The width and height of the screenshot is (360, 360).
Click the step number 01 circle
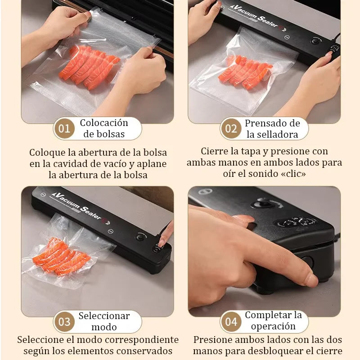(64, 129)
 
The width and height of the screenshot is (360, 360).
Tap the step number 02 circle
(231, 129)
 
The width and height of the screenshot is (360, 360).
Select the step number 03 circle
(64, 322)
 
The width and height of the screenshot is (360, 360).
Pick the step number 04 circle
(231, 322)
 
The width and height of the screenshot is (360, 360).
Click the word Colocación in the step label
(104, 123)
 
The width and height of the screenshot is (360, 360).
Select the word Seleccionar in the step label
(104, 316)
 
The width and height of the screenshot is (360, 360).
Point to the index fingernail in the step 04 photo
(311, 279)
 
